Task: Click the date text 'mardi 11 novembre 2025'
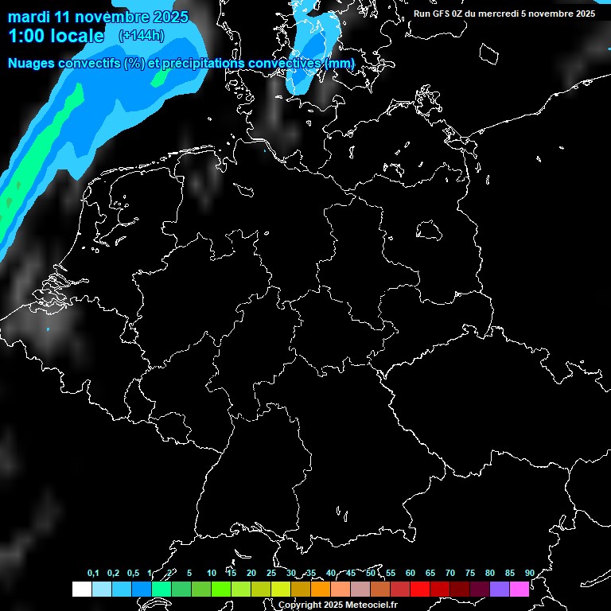[98, 17]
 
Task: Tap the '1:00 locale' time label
[56, 35]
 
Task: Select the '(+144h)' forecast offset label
[141, 35]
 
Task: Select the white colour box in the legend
[82, 590]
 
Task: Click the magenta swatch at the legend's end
[520, 590]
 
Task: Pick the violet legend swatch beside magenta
[500, 590]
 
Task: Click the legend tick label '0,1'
[93, 574]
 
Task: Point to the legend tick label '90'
[529, 574]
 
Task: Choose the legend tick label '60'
[410, 574]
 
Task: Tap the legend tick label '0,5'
[133, 574]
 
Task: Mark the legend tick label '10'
[211, 574]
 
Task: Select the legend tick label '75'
[469, 574]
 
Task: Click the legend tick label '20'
[251, 574]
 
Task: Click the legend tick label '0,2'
[113, 574]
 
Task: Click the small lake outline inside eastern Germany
[429, 230]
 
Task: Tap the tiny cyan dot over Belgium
[48, 329]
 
